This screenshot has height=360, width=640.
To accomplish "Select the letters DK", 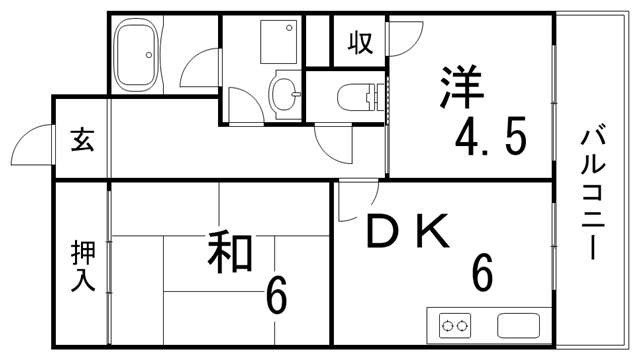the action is [x=408, y=233].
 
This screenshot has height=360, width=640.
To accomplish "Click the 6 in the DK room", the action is [x=482, y=272].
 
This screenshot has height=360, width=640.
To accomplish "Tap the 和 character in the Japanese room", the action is [x=229, y=253].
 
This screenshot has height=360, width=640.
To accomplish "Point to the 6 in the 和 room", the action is [x=277, y=296].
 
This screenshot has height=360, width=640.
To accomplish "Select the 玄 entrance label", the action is [x=81, y=140].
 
